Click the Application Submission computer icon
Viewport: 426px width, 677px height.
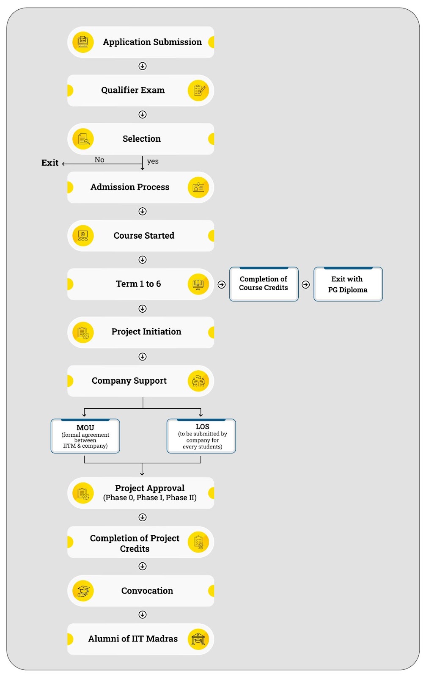pos(83,42)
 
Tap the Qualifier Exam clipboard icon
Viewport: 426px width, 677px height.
pos(198,91)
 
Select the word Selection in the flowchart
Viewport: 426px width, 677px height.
pos(142,139)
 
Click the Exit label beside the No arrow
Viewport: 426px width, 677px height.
pos(50,163)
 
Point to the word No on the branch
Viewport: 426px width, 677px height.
pos(99,160)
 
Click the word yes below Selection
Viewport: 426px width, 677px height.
pos(153,161)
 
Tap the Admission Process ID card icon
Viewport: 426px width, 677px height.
pos(198,187)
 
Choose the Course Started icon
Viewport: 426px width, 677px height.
pos(83,236)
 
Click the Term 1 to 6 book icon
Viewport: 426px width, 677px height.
pos(198,284)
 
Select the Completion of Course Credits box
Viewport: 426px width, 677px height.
pos(264,284)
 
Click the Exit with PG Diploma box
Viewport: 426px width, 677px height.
pos(348,284)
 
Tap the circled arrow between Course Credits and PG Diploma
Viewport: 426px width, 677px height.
pos(306,285)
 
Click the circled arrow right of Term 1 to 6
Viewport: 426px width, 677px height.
pos(221,285)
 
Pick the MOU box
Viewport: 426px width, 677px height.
pos(85,436)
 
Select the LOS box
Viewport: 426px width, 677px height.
pos(201,436)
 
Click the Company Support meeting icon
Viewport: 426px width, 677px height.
pos(198,381)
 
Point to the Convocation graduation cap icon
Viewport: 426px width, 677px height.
pos(83,591)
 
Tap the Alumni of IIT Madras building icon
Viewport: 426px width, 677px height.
pos(198,639)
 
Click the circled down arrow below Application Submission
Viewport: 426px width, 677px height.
pos(143,66)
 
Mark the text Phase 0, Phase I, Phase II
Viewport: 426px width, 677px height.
pos(150,498)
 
